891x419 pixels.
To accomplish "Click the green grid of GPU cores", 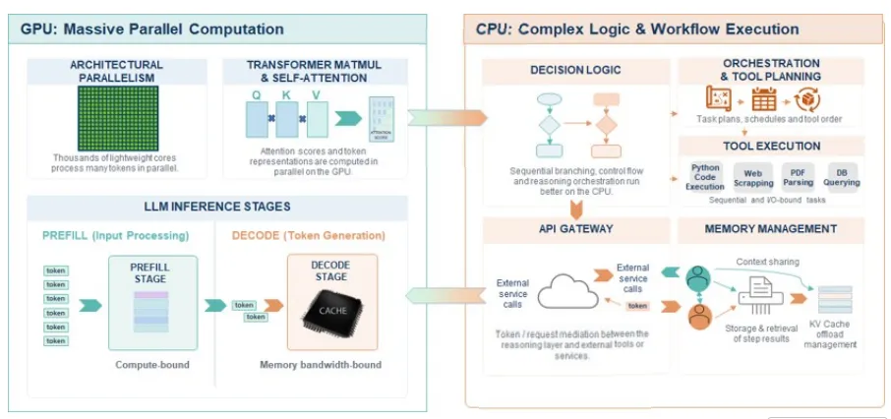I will click(x=118, y=118).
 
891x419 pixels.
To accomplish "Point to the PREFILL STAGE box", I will click(x=151, y=301).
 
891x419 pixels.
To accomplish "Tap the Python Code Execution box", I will click(x=705, y=177).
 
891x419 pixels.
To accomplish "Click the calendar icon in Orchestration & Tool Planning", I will click(x=763, y=99).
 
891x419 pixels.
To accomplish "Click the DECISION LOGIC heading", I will click(x=575, y=71).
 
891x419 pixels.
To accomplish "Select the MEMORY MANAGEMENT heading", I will click(x=771, y=229).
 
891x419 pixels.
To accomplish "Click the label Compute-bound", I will click(x=151, y=365).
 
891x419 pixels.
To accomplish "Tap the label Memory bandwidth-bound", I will click(x=320, y=365).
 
